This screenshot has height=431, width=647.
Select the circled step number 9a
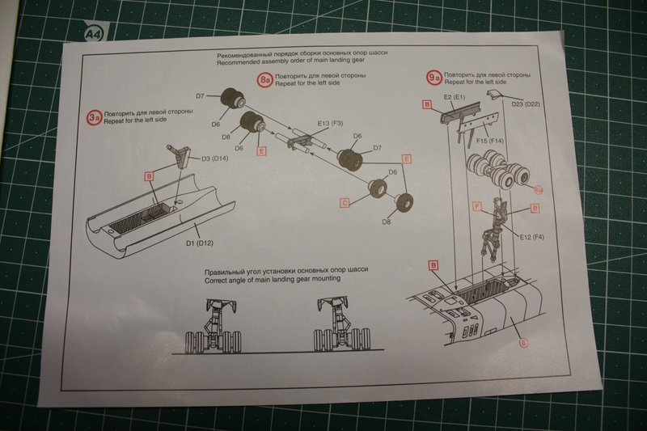tap(434, 78)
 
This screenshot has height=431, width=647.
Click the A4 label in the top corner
tap(93, 33)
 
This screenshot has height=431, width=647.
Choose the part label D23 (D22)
tap(526, 104)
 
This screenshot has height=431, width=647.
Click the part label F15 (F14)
tap(491, 142)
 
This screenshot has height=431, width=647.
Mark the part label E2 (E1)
tap(458, 97)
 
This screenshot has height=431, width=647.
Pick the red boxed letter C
tap(345, 204)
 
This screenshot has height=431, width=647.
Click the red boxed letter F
tap(477, 208)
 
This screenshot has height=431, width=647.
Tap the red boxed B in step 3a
tap(149, 175)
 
